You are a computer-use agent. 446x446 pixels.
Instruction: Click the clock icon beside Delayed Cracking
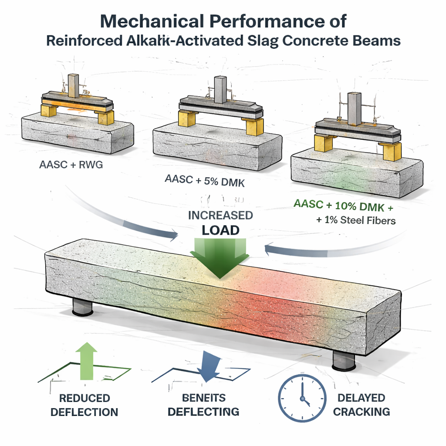302,398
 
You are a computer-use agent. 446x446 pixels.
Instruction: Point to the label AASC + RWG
71,166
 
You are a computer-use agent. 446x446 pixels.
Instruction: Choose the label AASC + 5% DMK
204,182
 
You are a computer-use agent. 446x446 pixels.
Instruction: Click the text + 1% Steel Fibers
356,220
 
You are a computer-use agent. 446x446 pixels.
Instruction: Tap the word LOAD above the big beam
220,230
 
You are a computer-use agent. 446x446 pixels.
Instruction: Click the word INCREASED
220,215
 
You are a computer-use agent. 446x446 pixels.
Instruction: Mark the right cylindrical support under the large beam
344,359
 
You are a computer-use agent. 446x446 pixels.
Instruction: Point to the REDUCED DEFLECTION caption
84,405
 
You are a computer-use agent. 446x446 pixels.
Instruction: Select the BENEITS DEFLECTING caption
203,405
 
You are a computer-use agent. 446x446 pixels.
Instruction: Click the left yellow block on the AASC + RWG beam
49,110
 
